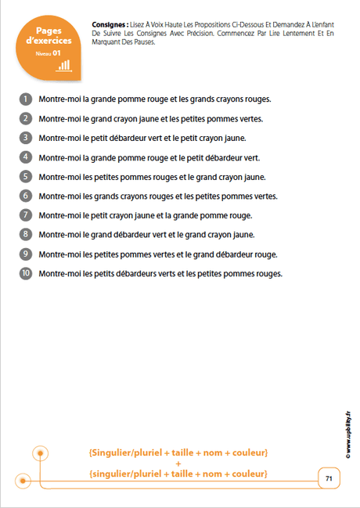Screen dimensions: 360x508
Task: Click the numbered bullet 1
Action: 26,99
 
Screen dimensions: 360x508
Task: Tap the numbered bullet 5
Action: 26,176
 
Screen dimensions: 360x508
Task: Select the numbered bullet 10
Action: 26,273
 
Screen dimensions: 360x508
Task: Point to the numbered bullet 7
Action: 26,214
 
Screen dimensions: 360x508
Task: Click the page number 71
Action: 329,478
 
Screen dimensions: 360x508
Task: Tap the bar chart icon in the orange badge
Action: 63,65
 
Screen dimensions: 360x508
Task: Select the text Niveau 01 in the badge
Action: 48,53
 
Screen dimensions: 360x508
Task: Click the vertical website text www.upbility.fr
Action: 347,443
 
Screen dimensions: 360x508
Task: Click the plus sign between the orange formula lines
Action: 178,463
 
